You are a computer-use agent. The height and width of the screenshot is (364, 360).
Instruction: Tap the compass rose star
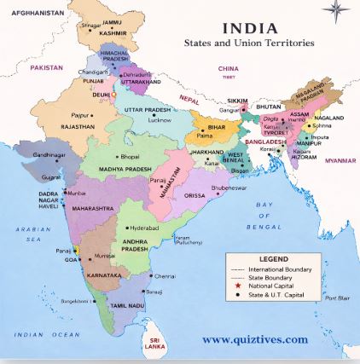coord(337,11)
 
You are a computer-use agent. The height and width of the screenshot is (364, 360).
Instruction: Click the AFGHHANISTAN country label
coord(38,14)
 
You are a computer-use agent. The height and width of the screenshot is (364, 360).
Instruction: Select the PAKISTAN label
coord(46,66)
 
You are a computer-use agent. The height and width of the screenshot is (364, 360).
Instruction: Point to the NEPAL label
coord(189,100)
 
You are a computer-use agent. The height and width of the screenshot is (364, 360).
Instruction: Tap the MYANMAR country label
coord(340,159)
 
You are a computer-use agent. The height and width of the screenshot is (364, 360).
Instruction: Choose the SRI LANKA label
coord(154,344)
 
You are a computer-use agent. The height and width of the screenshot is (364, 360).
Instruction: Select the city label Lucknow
coord(160,120)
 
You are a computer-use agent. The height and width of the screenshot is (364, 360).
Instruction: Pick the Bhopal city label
coord(130,157)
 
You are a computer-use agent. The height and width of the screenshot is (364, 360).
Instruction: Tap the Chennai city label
coord(165,275)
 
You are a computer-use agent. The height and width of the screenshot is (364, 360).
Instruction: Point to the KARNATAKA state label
coord(103,276)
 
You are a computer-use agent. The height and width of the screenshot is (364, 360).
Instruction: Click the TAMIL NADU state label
coord(127,305)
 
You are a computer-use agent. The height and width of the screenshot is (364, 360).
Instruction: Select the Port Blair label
coord(338,298)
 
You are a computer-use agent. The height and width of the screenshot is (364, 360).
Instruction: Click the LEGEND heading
coord(273,259)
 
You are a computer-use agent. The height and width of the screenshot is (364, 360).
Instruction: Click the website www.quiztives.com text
coord(255,339)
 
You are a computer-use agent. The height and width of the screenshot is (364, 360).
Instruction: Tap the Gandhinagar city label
coord(49,155)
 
